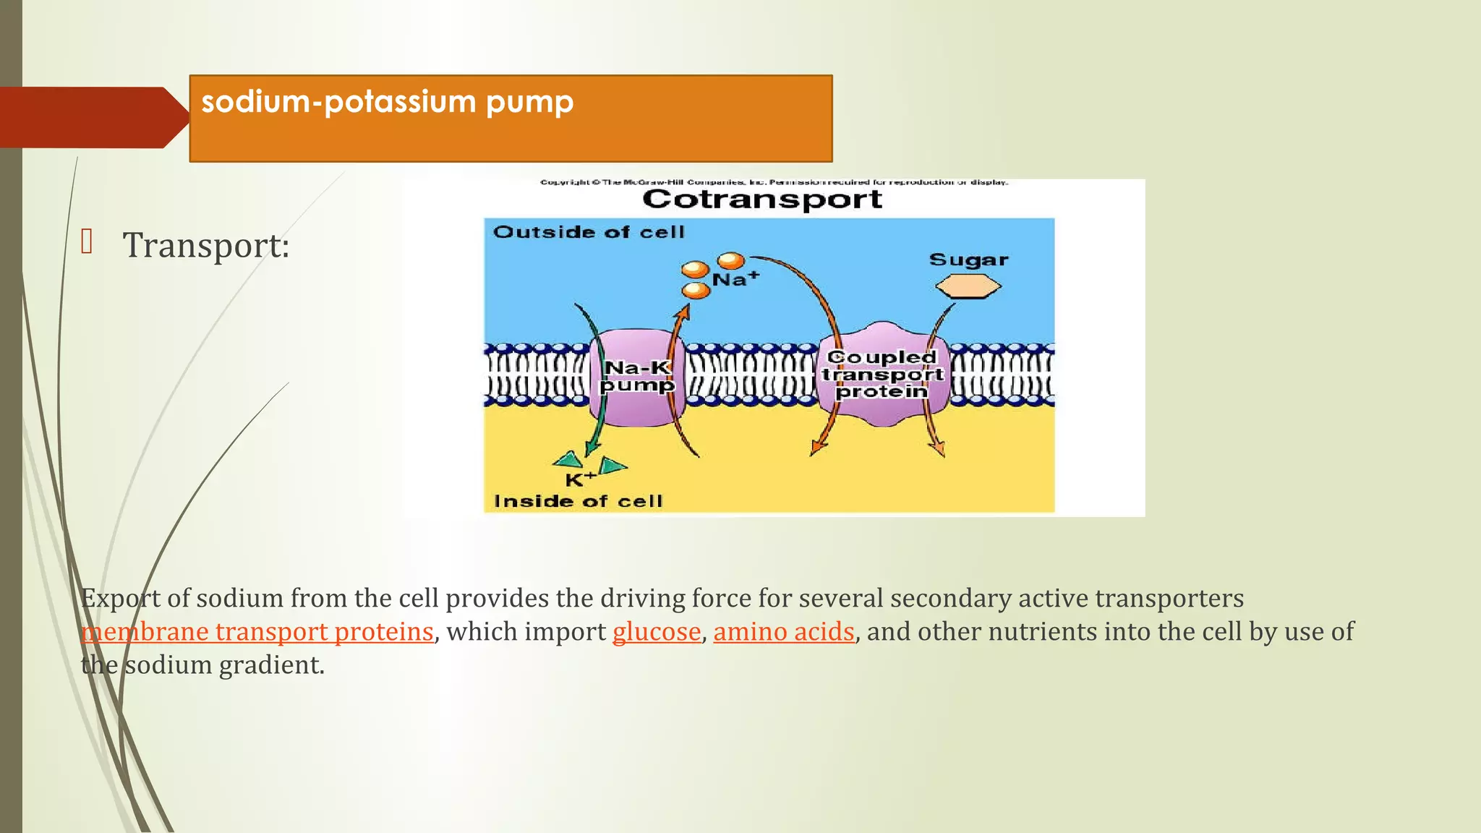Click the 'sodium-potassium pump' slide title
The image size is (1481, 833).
(x=388, y=102)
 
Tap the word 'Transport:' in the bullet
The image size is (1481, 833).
(x=206, y=245)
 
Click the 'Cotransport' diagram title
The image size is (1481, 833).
(x=762, y=199)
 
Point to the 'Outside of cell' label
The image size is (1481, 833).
(x=589, y=232)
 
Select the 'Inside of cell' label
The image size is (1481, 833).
(x=578, y=501)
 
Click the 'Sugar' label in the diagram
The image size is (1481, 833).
(x=968, y=260)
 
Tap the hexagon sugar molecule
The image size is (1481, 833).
(x=968, y=287)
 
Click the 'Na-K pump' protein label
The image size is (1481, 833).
(x=637, y=377)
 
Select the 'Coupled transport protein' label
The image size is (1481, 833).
(x=882, y=374)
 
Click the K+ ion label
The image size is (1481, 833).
(x=580, y=479)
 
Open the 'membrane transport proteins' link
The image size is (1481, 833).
(x=257, y=632)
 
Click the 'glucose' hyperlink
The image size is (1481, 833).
(x=657, y=632)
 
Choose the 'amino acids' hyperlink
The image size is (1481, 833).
(x=784, y=632)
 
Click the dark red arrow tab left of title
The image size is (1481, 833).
(x=90, y=117)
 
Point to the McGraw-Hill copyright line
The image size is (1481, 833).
(x=774, y=182)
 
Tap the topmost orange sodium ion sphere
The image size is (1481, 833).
(x=730, y=260)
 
